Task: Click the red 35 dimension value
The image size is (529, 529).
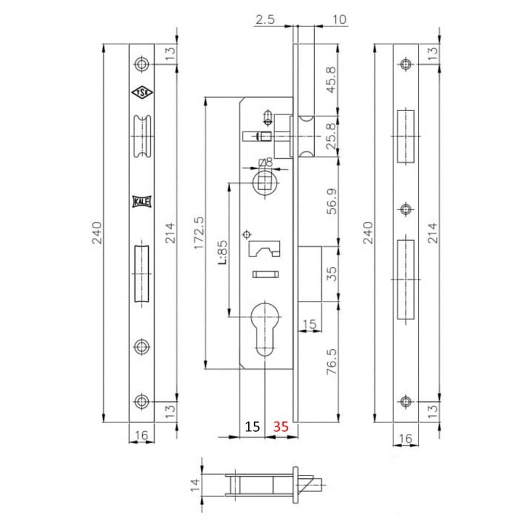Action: point(280,427)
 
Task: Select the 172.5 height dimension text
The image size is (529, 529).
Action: point(199,233)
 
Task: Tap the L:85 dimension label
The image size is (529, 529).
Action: point(222,252)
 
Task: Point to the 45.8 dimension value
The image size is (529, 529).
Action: point(331,79)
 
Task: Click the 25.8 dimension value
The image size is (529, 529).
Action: point(331,136)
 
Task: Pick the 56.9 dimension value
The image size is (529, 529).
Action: point(332,202)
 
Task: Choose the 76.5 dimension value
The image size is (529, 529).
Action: point(332,362)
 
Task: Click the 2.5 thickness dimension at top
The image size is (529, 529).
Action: point(265,20)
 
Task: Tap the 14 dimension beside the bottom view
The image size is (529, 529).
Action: point(195,485)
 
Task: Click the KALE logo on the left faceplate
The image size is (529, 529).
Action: point(142,202)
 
